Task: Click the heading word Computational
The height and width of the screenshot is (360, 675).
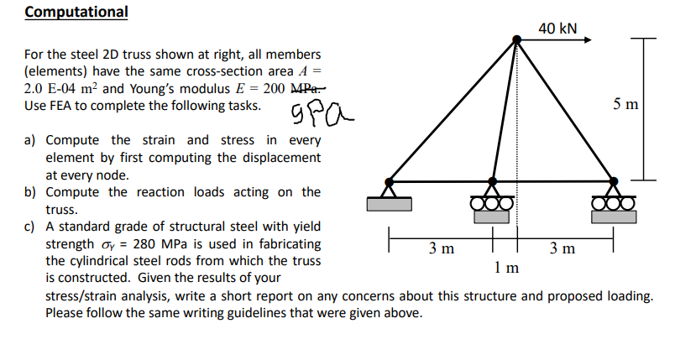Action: click(76, 13)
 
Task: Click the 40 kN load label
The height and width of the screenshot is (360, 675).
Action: click(557, 29)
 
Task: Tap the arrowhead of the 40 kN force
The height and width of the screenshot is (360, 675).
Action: click(591, 39)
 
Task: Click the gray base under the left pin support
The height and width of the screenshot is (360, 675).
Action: click(389, 204)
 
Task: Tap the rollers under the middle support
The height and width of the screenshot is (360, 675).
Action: click(494, 203)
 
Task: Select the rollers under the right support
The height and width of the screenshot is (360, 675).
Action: click(614, 203)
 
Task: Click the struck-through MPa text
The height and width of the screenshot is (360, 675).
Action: click(303, 89)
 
